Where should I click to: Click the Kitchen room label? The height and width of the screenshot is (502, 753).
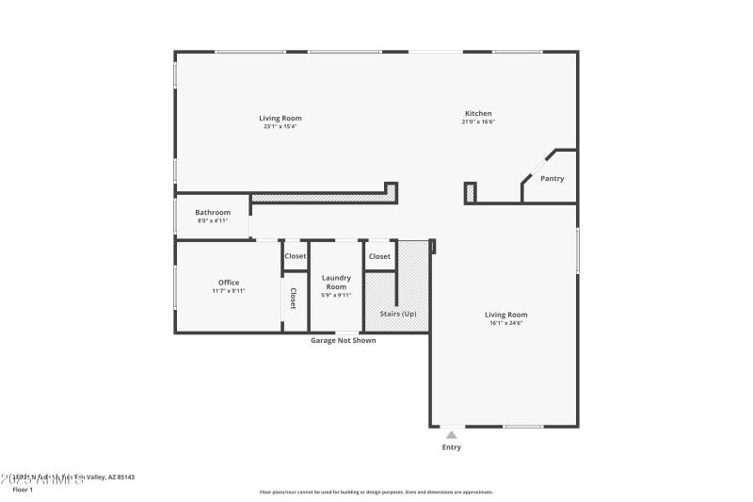click(477, 114)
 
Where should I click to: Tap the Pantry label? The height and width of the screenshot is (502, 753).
click(553, 178)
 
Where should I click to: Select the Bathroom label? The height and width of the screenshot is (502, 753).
click(213, 213)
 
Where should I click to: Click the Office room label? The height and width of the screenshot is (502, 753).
click(229, 283)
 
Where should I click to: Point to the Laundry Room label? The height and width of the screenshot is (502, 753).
click(336, 282)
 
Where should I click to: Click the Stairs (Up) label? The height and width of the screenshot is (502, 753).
click(397, 314)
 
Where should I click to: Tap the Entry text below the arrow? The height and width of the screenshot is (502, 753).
click(452, 447)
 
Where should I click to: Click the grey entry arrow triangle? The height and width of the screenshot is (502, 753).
click(452, 434)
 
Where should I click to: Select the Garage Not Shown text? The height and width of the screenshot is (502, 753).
click(344, 340)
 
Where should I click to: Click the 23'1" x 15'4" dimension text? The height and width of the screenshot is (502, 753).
click(280, 126)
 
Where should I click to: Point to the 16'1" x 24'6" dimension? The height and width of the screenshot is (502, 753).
click(505, 323)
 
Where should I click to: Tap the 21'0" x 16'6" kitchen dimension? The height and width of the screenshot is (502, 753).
click(478, 121)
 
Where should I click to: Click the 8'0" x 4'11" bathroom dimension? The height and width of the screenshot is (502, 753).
click(213, 220)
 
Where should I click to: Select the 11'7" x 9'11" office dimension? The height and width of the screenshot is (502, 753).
click(229, 291)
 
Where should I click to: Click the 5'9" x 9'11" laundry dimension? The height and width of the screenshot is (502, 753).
click(336, 295)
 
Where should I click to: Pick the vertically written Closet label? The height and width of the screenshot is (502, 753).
click(293, 299)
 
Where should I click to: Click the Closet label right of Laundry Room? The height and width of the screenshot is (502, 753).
click(379, 256)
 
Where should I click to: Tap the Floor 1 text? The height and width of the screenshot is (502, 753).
click(23, 490)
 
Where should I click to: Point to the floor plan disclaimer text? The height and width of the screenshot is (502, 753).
click(376, 492)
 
